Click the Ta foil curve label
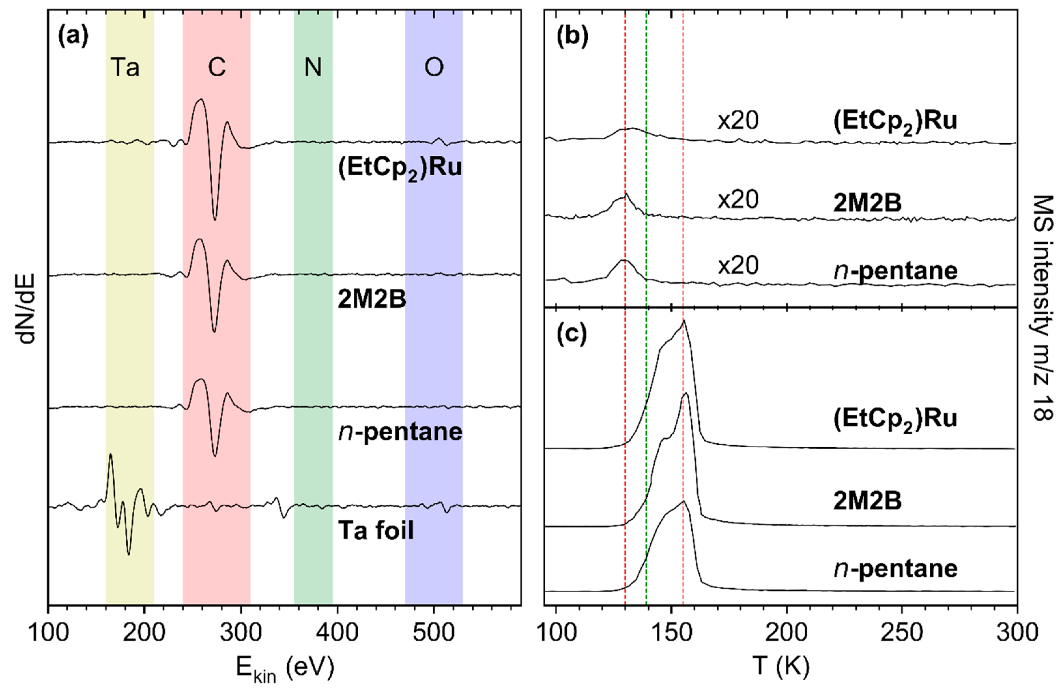pos(376,531)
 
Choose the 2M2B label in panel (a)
pos(372,300)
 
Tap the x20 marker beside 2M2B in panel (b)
pos(738,199)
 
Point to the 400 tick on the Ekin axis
pos(337,633)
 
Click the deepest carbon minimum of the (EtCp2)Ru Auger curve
pos(215,220)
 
